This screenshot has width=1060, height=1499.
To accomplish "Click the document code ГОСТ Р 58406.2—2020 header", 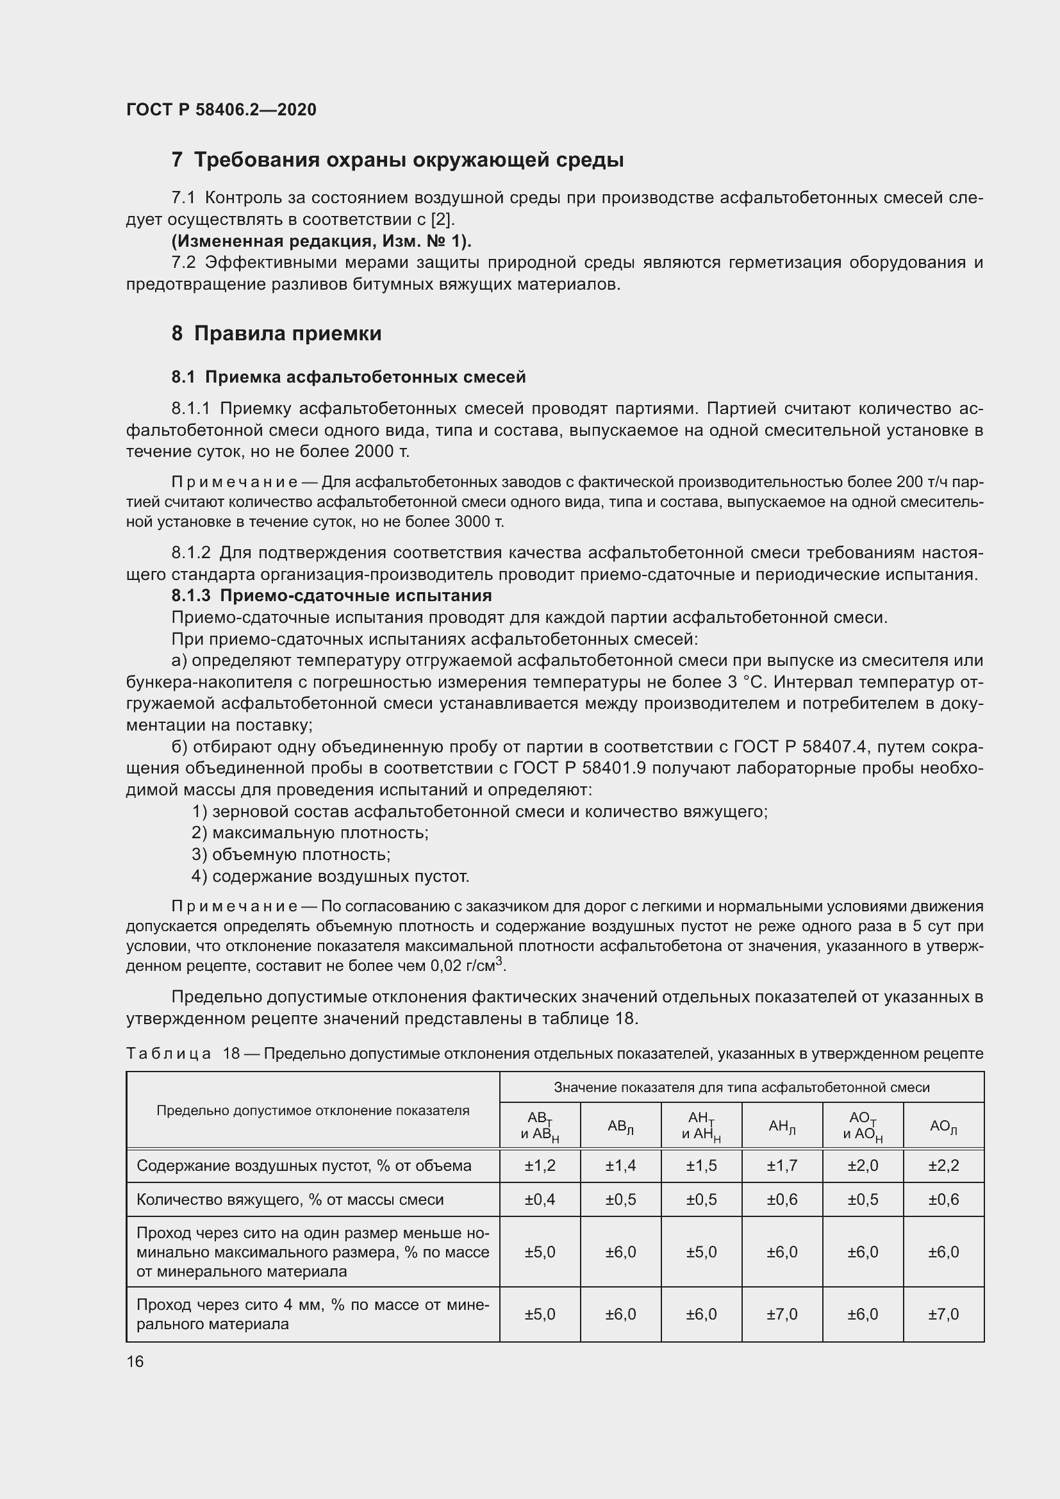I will tap(221, 110).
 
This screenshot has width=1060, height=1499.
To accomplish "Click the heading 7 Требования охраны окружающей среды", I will tap(397, 160).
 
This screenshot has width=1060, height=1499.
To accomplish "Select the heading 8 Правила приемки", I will tap(277, 334).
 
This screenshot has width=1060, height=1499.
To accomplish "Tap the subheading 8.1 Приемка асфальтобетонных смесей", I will tap(349, 377).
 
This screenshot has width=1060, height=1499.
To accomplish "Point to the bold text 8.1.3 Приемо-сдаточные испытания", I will tap(331, 595).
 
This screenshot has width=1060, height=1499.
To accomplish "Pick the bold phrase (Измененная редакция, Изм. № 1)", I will tap(321, 241).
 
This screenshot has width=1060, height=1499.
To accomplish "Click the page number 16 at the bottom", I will tap(135, 1361).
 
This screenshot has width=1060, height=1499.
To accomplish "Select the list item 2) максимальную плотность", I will tap(310, 832).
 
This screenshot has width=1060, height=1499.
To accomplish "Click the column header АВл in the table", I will tap(620, 1126).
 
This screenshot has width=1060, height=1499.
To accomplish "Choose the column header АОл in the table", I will tap(943, 1126).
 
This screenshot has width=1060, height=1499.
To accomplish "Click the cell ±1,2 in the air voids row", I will tap(540, 1165).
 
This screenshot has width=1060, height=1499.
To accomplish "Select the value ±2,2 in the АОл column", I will tap(943, 1165).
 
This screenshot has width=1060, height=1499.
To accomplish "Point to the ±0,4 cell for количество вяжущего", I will tap(540, 1199).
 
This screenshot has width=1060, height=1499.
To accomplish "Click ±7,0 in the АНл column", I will tap(782, 1314).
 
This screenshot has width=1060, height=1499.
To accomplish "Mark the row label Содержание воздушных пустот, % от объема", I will tap(304, 1165).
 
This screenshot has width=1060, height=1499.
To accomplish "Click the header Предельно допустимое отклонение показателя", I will tap(313, 1111).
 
